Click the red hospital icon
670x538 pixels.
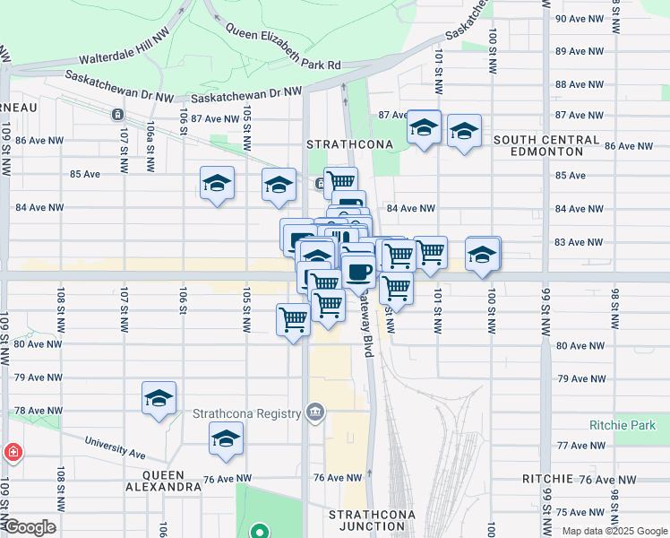[13, 452]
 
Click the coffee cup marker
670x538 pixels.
[358, 270]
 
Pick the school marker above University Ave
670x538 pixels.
[227, 438]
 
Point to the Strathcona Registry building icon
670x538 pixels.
[314, 412]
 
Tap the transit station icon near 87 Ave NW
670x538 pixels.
[117, 115]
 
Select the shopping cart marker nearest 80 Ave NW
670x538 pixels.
[294, 320]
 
